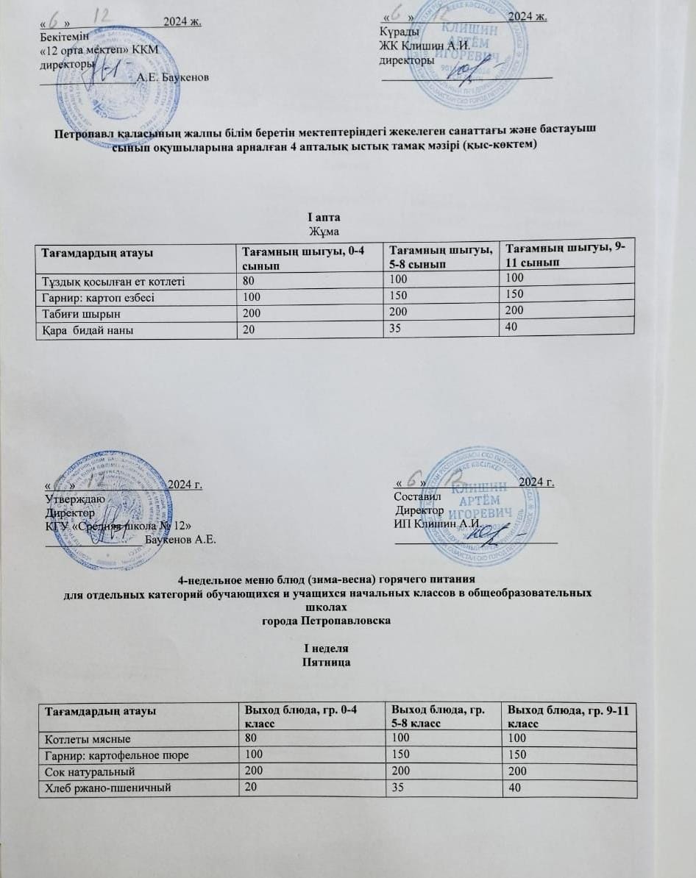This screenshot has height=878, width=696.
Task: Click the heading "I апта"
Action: pos(323,218)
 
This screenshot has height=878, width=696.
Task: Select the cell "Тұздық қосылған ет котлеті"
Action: pos(111,279)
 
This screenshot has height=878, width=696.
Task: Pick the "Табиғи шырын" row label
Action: pos(77,313)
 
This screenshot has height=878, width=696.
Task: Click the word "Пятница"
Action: pos(326,663)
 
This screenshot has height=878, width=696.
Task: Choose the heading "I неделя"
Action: pos(326,649)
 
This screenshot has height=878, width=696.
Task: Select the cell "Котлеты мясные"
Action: pos(88,738)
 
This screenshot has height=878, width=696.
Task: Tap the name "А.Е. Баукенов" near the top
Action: pos(173,77)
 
